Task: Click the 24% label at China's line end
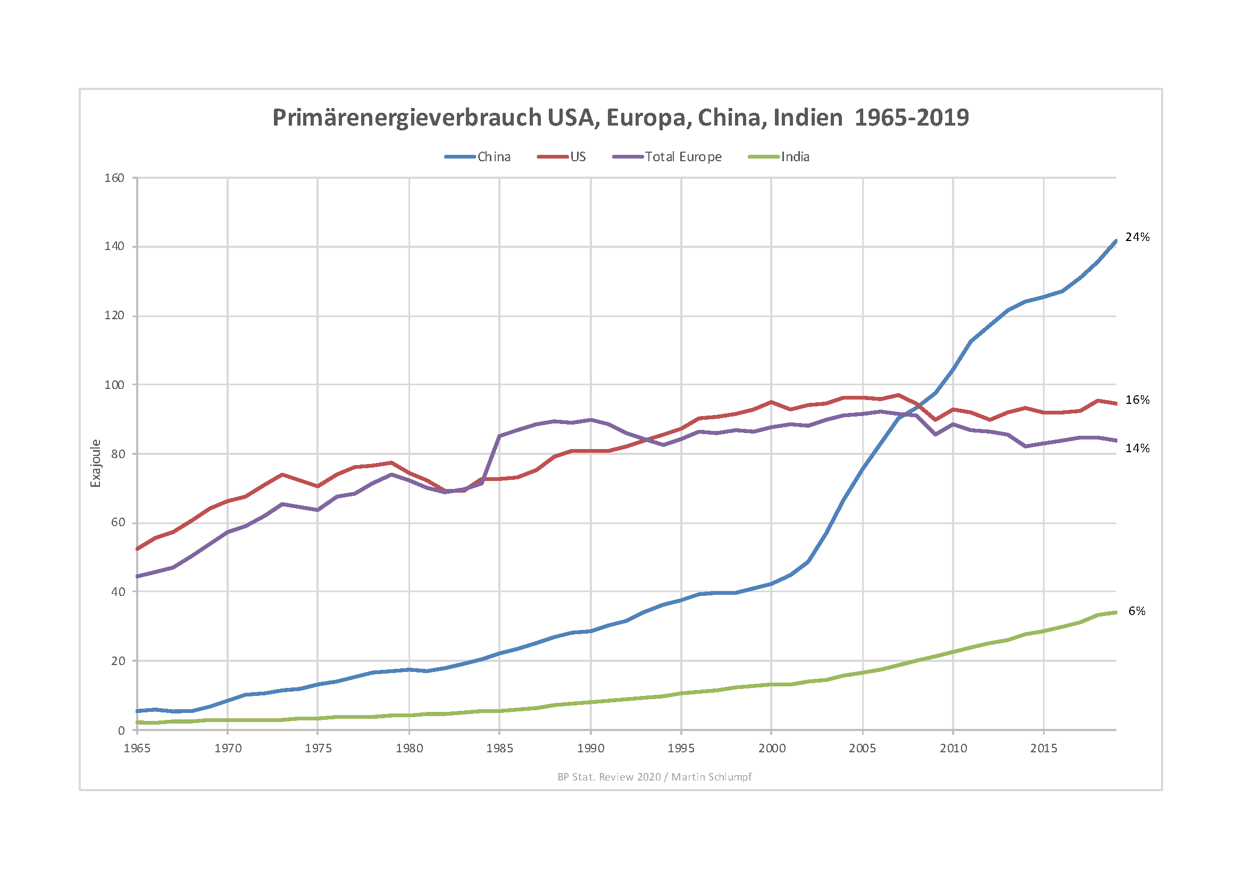click(1137, 237)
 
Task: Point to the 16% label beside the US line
click(1137, 400)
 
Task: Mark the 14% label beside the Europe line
click(1137, 449)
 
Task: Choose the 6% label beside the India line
click(1137, 611)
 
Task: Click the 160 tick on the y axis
click(114, 178)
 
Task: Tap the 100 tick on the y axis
click(114, 385)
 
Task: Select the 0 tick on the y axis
click(121, 731)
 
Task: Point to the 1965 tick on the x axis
click(137, 749)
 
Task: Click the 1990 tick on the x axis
click(590, 749)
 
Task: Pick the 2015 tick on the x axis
click(1043, 749)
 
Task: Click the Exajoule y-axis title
click(96, 463)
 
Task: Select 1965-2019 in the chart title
click(912, 118)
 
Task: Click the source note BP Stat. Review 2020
click(609, 777)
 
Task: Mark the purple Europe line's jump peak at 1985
click(499, 436)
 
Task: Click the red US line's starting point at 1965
click(137, 549)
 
